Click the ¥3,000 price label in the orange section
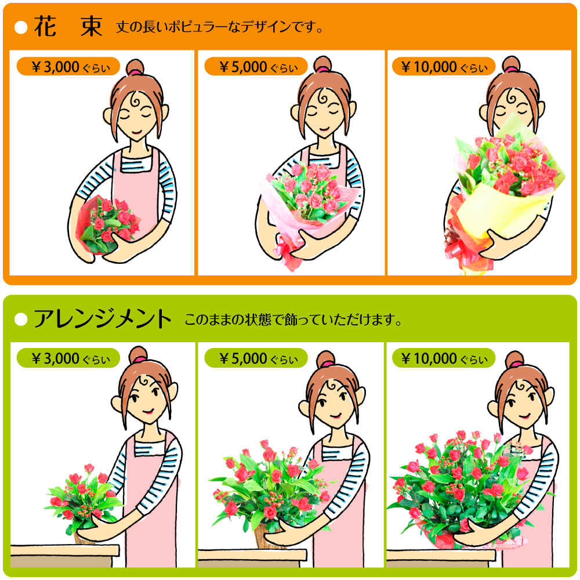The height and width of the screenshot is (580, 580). pos(68,67)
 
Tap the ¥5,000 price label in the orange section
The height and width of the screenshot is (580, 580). pos(256,67)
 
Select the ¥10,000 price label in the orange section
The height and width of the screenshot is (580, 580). pos(444,67)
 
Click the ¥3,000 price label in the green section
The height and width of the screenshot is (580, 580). pos(68,358)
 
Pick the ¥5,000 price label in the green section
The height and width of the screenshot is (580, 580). pos(256,358)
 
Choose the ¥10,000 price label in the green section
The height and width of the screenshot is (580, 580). pos(444,358)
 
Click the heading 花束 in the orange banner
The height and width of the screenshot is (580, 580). pos(68,27)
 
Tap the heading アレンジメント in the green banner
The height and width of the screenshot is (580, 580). pos(103,319)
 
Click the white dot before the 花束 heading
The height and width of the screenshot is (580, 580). pos(21,27)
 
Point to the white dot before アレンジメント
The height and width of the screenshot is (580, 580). pos(21,319)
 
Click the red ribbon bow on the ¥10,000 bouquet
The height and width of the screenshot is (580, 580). pos(462,252)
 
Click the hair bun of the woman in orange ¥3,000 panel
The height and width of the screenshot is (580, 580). pos(135,67)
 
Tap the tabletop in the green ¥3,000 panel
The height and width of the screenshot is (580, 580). pos(64,550)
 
